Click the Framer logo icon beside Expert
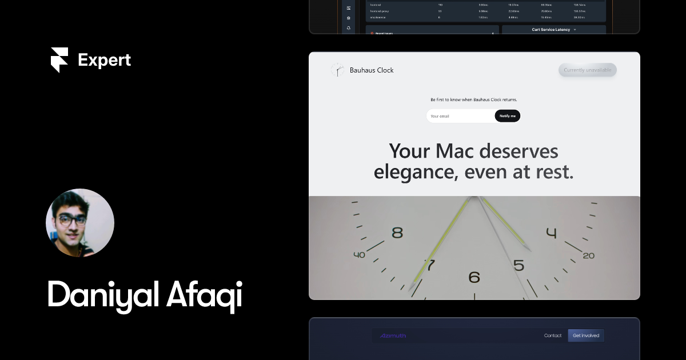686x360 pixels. tap(59, 60)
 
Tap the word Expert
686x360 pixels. tap(104, 60)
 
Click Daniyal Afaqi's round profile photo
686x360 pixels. tap(80, 223)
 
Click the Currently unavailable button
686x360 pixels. tap(587, 70)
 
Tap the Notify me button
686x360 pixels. tap(507, 116)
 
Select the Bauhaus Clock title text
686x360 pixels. tap(372, 70)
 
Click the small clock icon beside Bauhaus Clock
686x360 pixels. tap(337, 70)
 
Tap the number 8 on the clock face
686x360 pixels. tap(397, 233)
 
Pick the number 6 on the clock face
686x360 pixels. tap(474, 278)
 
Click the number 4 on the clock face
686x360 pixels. tap(551, 233)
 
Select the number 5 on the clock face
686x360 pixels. tap(519, 265)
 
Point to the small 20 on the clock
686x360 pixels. tap(588, 255)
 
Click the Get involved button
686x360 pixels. tap(586, 335)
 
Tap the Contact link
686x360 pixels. tap(553, 335)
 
